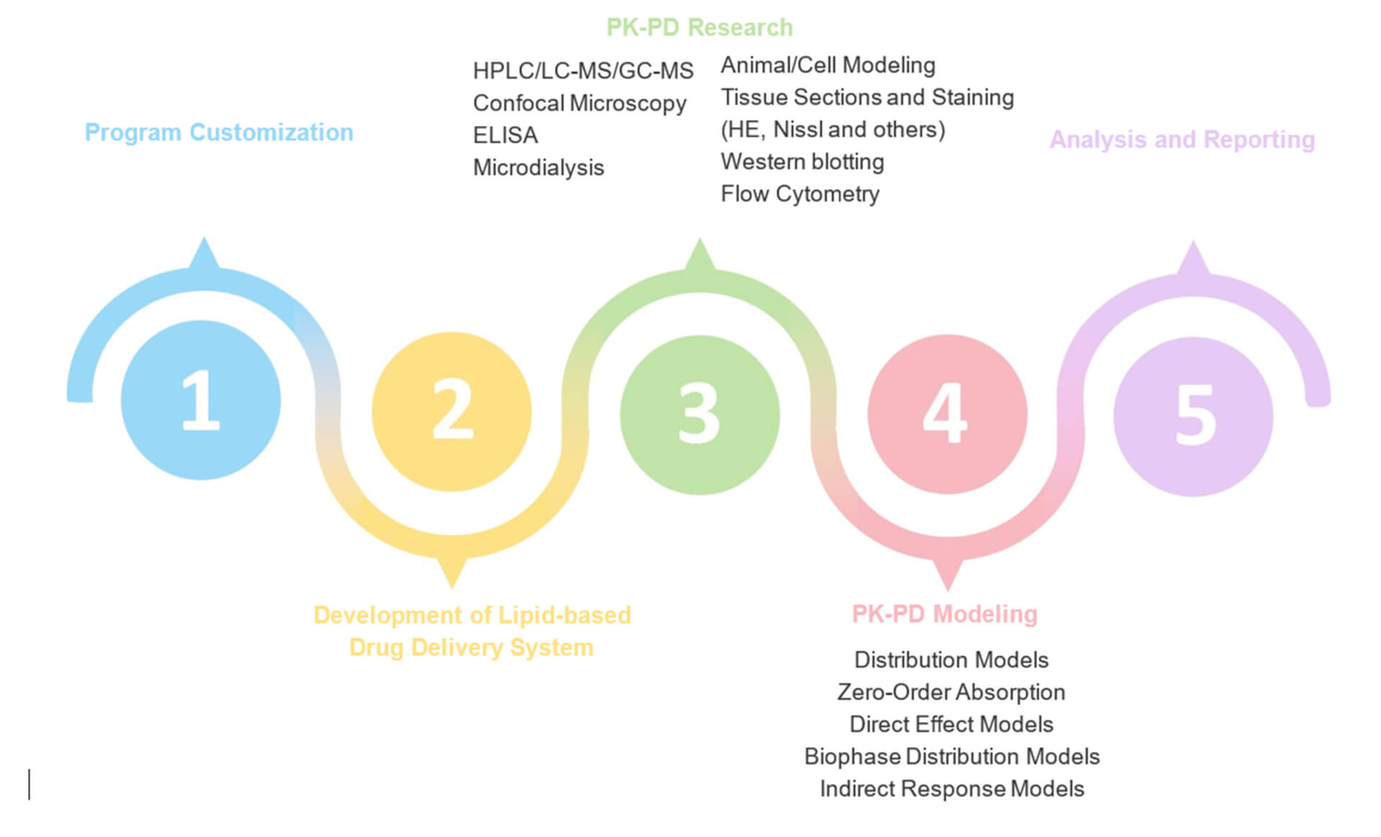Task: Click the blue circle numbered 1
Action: pos(201,400)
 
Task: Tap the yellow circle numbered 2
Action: pos(452,412)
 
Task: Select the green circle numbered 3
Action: pos(699,415)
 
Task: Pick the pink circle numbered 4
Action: pos(947,414)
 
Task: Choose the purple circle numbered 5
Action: pos(1193,416)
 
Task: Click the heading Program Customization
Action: pos(219,132)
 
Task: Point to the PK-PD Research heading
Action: pos(699,27)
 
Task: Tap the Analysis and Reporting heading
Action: pos(1182,139)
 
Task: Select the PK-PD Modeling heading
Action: pos(944,614)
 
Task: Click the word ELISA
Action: pos(505,135)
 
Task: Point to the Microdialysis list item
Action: pos(538,168)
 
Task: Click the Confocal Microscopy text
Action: pos(579,104)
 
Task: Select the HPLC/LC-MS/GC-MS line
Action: pos(583,71)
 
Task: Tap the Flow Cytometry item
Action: pos(800,194)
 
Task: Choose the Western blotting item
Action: pos(802,161)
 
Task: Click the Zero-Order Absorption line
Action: pos(951,692)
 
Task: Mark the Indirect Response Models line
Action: pos(952,789)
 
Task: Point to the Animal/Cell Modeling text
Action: pos(828,65)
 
